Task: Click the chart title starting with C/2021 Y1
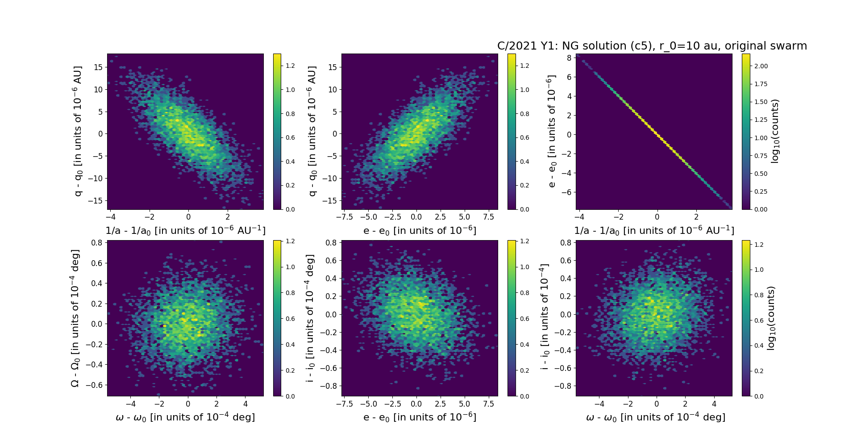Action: pos(652,46)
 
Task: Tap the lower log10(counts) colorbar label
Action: pos(771,318)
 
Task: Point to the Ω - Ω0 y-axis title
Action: pos(75,318)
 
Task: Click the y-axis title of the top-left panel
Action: pos(78,131)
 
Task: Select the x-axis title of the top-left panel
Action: pos(185,230)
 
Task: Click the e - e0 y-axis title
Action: pos(552,131)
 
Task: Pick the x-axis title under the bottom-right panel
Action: pos(655,417)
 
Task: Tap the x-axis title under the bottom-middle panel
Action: pos(420,417)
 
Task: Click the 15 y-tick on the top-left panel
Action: pos(98,67)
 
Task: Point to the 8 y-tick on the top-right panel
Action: pos(569,58)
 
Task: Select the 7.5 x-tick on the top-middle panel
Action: pos(489,217)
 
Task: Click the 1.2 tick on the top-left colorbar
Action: pos(290,66)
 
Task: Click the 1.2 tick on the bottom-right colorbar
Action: pos(759,245)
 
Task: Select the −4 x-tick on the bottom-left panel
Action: pos(130,404)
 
